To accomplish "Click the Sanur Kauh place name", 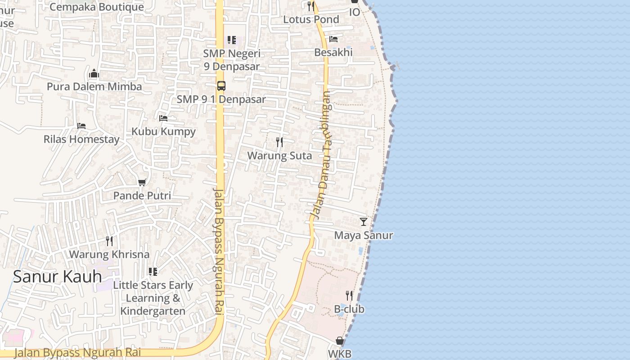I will [x=57, y=276].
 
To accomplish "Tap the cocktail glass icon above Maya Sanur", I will [x=363, y=221].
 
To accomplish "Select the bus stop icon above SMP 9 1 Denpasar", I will [x=221, y=85].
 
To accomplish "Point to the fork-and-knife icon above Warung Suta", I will [x=279, y=142].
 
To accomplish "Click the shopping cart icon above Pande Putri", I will [x=142, y=182].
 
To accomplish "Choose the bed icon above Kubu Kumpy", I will [x=163, y=118].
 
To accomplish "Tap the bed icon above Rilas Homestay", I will [x=81, y=126].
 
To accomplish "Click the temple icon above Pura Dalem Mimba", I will [x=94, y=73].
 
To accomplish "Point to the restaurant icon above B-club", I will [x=349, y=296].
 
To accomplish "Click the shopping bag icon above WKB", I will [x=340, y=341].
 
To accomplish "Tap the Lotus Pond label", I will [x=311, y=19].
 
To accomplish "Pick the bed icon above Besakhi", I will [x=333, y=39].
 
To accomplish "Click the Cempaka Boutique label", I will [x=97, y=7].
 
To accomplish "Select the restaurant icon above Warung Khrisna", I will [x=109, y=241].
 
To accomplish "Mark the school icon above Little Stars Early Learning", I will [x=153, y=272].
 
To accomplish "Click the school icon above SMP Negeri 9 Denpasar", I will [x=231, y=40].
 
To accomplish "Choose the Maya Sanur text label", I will [x=363, y=235].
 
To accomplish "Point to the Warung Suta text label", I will [x=279, y=156].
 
